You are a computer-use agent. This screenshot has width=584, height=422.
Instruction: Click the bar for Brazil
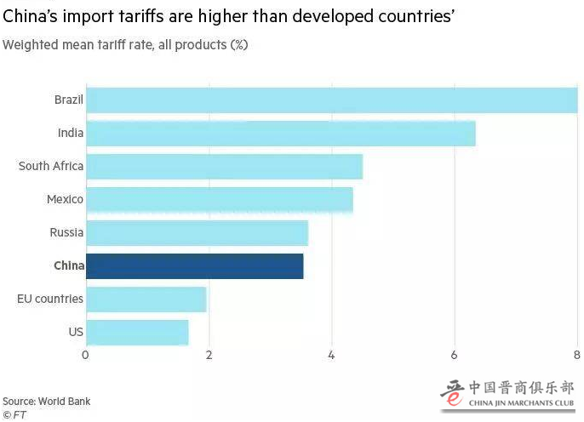(x=331, y=100)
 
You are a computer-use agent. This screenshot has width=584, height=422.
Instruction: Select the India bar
(x=280, y=134)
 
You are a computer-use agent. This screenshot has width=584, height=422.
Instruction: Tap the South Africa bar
(x=224, y=167)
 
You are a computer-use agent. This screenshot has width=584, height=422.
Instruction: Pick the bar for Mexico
(x=219, y=200)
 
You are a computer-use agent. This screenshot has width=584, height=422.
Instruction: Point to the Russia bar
(x=197, y=233)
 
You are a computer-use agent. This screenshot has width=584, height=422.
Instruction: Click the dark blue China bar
(x=194, y=266)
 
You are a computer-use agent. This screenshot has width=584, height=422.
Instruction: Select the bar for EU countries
(x=146, y=299)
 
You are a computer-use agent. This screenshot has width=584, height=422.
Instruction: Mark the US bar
(x=137, y=333)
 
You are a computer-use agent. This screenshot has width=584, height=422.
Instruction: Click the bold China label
(x=68, y=266)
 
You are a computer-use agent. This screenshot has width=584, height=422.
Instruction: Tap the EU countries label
(x=50, y=299)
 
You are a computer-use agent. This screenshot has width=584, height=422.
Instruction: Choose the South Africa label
(x=51, y=167)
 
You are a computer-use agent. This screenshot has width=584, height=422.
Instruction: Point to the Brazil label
(x=68, y=100)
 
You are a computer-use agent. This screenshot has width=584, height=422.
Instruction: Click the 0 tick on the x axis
(x=85, y=356)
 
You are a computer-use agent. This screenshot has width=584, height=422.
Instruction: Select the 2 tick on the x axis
(x=209, y=356)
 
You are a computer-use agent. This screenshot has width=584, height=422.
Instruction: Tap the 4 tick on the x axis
(x=331, y=356)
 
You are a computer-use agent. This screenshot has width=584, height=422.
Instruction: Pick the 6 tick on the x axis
(x=455, y=356)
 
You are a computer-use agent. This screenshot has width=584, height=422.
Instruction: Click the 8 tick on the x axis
(x=576, y=356)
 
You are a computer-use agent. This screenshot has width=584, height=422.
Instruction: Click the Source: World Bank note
(x=46, y=402)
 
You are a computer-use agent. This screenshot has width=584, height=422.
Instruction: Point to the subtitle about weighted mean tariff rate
(x=125, y=44)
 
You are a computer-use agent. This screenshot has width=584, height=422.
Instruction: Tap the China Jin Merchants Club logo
(x=507, y=394)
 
